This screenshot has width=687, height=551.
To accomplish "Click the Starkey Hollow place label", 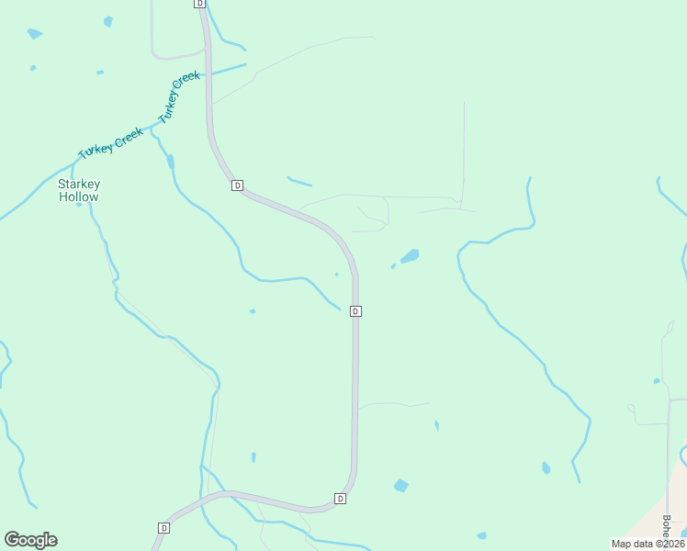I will point(78,190).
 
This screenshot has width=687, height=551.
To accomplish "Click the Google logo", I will point(30,540).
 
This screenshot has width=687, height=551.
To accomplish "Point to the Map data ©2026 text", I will point(648,543).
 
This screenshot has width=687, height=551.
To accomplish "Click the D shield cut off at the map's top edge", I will point(200,4).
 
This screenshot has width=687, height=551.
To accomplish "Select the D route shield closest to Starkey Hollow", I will point(237,186).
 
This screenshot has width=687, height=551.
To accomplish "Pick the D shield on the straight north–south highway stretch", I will point(355,311).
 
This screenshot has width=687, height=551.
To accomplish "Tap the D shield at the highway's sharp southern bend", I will point(340,499).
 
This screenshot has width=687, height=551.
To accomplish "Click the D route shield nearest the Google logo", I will point(163,528).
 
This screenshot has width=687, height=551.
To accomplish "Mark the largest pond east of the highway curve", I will point(410,255).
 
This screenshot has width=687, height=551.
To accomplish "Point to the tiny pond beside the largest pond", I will point(393,266).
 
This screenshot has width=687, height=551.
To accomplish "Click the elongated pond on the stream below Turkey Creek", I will point(170,163).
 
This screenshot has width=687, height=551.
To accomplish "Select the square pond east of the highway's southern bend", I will point(400,485).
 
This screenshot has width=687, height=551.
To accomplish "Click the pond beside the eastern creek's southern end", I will point(546,468).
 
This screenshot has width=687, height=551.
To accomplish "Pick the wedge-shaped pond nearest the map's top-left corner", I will point(35,34).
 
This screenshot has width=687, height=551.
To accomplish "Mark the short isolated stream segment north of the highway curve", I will point(299,181).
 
